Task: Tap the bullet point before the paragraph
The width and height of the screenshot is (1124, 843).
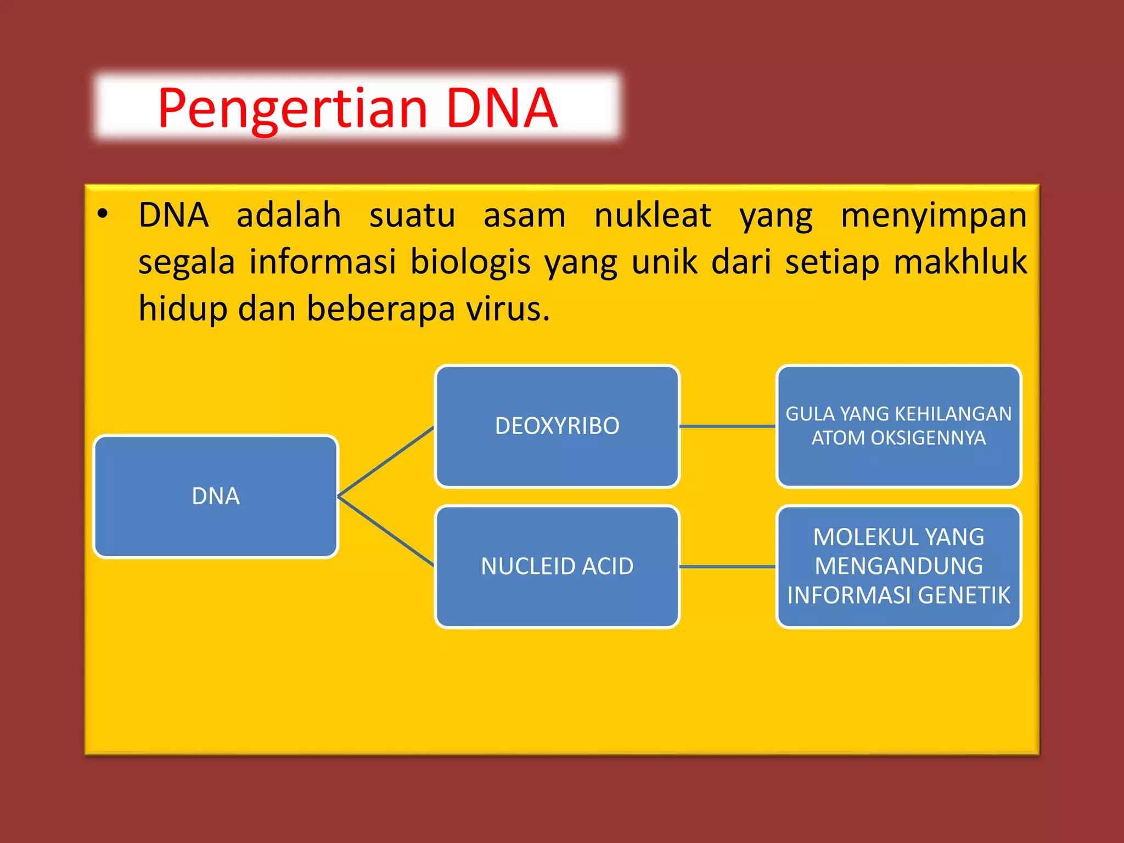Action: [x=102, y=214]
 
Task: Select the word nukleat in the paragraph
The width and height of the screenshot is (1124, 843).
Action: [x=653, y=215]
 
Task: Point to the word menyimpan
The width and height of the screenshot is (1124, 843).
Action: [x=934, y=215]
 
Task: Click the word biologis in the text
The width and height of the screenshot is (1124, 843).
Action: [x=470, y=261]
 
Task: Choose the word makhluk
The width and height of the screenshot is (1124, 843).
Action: [x=960, y=261]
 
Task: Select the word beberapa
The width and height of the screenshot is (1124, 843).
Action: [x=380, y=308]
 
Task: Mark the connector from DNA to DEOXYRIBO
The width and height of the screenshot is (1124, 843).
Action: [x=386, y=462]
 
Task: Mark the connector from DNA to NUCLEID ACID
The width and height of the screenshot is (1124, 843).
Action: [x=386, y=531]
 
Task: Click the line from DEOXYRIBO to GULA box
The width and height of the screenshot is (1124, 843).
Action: [x=727, y=426]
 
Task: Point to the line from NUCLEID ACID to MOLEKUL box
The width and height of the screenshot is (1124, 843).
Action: [x=727, y=566]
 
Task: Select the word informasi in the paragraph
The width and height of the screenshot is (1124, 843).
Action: [x=322, y=261]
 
